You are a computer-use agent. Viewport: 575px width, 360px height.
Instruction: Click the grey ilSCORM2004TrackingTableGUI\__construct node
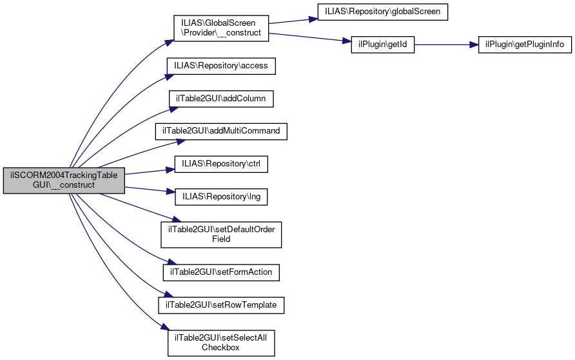tap(63, 180)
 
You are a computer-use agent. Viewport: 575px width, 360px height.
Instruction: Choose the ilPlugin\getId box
tap(382, 45)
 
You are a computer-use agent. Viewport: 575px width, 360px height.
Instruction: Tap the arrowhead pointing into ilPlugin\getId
tap(346, 41)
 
